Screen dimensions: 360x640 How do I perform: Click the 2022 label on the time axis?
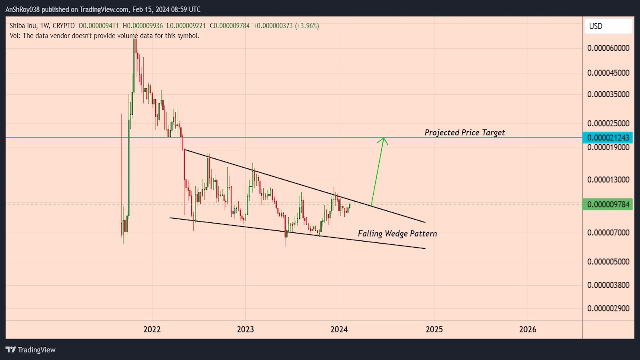152,329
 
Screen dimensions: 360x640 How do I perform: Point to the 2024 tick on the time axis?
339,329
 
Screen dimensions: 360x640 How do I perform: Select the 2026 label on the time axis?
528,329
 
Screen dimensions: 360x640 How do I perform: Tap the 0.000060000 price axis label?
608,48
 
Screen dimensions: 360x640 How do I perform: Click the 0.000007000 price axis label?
608,232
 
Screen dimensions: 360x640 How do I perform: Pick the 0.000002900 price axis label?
608,308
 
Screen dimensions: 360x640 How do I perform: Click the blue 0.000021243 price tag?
608,138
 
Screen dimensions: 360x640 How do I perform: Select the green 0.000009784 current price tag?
608,204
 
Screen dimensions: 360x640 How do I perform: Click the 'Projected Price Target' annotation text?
464,132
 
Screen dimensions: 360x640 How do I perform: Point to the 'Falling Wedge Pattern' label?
397,234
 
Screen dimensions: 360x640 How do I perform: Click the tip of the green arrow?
384,138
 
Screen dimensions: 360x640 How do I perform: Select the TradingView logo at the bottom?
31,350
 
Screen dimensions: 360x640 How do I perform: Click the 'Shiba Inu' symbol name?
23,26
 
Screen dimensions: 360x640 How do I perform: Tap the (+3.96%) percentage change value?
307,26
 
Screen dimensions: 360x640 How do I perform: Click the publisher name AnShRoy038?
22,9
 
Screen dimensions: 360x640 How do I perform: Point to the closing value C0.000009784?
230,26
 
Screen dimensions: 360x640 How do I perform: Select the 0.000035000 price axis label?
608,94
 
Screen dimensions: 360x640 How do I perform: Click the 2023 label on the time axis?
245,329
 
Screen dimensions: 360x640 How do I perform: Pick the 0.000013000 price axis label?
608,180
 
